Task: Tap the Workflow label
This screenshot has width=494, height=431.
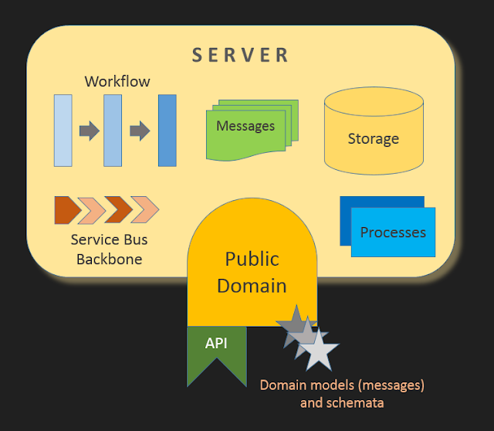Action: (x=117, y=81)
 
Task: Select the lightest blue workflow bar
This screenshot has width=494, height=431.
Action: (x=63, y=131)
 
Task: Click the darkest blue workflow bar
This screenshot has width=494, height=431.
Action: (x=167, y=131)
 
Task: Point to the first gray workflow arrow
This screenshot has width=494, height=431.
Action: (x=89, y=131)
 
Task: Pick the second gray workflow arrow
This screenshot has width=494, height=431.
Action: (x=139, y=131)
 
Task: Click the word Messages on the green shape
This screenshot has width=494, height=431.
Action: (x=245, y=126)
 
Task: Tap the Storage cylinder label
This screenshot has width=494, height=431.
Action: (x=374, y=139)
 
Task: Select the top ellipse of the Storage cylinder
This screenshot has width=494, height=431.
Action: (x=374, y=101)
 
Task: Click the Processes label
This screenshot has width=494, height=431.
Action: (x=393, y=232)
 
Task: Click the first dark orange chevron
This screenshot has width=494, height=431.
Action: (x=66, y=209)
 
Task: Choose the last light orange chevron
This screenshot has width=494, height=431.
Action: (x=144, y=209)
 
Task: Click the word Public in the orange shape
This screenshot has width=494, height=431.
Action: (x=252, y=259)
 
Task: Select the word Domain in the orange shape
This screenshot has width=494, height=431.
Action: (x=252, y=285)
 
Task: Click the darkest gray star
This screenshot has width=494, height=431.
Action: (x=292, y=323)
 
